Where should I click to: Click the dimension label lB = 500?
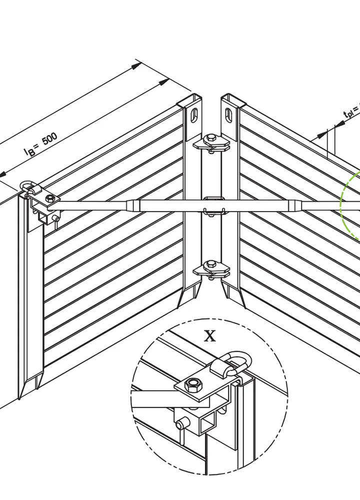tap(42, 145)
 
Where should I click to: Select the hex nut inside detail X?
tap(193, 385)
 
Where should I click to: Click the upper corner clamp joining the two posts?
tap(212, 142)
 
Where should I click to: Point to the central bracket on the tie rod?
tap(213, 206)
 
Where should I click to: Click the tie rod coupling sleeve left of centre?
tap(133, 205)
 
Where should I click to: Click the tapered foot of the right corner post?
tap(235, 295)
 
